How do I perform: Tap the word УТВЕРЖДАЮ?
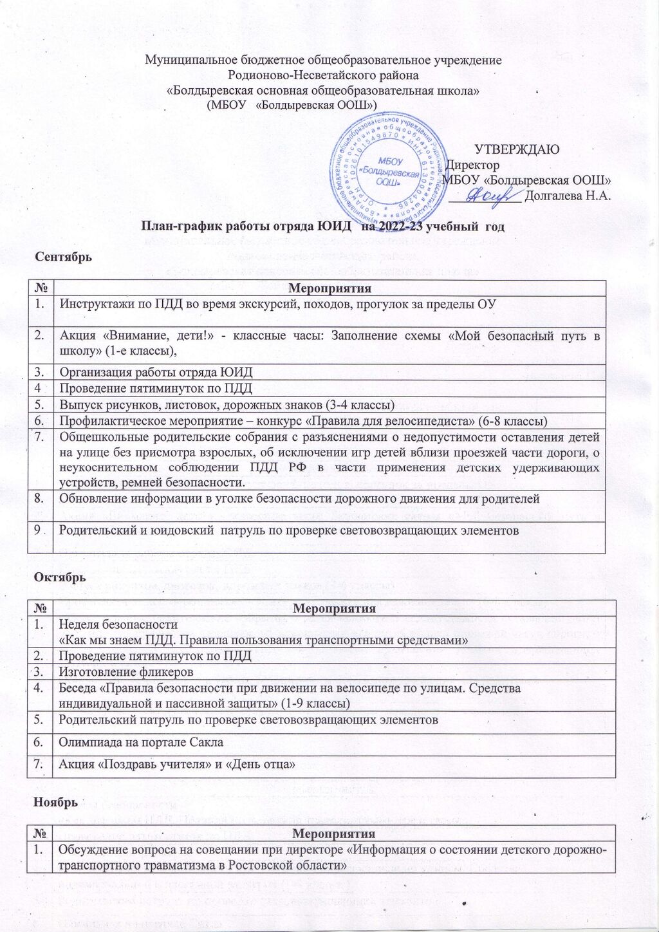[517, 149]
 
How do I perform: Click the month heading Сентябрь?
[64, 256]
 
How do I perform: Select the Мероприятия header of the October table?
[334, 608]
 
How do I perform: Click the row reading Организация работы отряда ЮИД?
[156, 372]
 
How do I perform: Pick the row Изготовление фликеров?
[126, 672]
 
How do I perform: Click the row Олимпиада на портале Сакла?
[141, 742]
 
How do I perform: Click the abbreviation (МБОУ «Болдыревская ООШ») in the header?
[292, 105]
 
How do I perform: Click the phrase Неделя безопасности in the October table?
[118, 624]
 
